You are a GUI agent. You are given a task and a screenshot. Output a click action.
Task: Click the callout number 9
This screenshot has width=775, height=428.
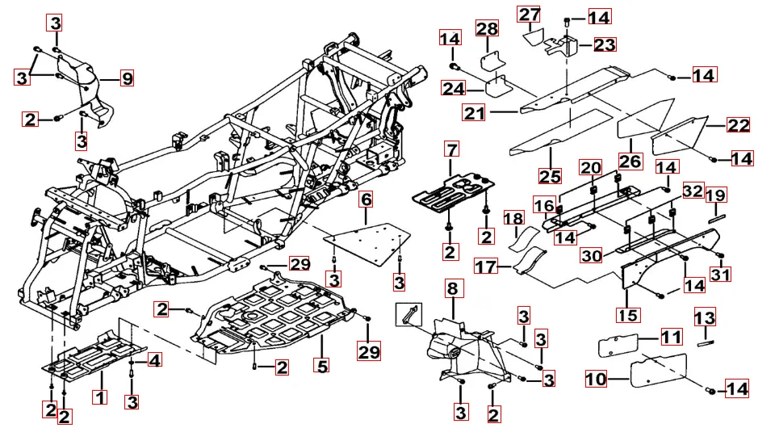tap(127, 78)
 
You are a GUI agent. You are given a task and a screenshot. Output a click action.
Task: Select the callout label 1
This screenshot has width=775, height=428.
tap(99, 397)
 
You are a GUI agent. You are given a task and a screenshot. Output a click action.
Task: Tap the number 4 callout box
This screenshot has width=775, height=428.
tap(153, 360)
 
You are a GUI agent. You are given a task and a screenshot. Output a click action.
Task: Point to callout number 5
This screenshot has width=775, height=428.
tap(322, 366)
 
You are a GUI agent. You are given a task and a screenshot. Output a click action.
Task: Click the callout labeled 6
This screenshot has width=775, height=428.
tap(366, 199)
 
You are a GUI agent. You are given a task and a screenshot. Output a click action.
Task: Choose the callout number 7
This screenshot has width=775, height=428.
tap(450, 149)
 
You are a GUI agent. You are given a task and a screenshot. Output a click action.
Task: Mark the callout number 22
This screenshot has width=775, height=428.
tap(738, 125)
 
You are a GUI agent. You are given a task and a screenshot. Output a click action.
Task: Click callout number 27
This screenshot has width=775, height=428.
tap(530, 15)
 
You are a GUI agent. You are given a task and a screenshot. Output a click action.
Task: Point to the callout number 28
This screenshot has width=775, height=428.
tap(487, 29)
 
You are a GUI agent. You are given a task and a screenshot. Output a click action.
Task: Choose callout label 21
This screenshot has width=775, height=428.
tap(474, 113)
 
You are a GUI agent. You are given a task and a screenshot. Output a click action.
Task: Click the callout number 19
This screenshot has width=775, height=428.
tap(714, 195)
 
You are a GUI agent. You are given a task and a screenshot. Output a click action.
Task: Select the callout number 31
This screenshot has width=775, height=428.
tap(719, 275)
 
